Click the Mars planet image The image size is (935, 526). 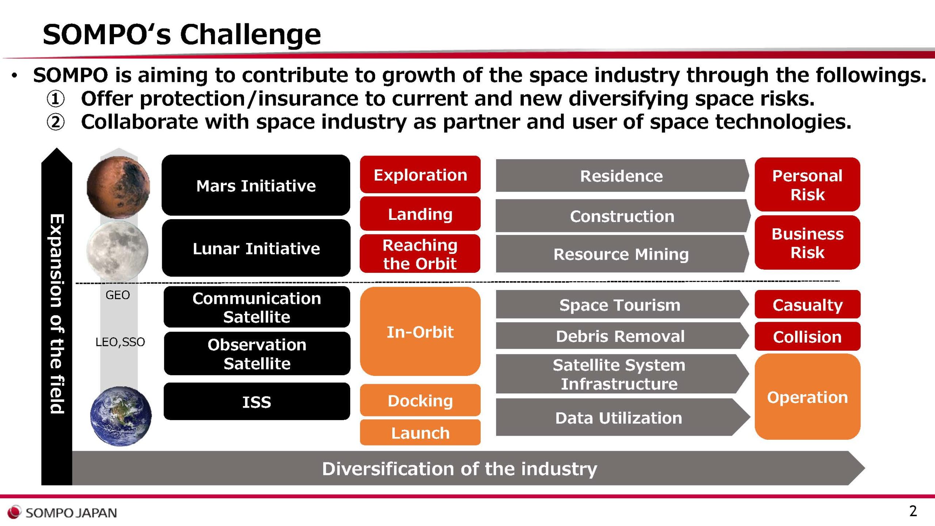[x=118, y=187]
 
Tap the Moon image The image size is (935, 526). [x=117, y=251]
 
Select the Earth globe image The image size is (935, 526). [x=121, y=416]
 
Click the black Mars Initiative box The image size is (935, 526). [x=256, y=185]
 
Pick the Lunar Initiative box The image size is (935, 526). [x=256, y=248]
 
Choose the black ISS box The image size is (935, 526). [x=257, y=401]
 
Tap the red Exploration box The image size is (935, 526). [x=420, y=175]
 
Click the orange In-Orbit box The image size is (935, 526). [x=420, y=331]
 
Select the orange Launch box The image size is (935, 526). [x=420, y=432]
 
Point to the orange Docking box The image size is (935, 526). [x=420, y=400]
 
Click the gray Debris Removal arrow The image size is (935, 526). [x=622, y=336]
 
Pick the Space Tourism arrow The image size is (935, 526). [x=622, y=304]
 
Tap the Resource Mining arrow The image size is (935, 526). [x=622, y=254]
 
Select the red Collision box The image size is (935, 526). [x=808, y=336]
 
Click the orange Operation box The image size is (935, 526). [x=808, y=397]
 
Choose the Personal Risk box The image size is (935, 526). [x=808, y=184]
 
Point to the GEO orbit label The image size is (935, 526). [x=118, y=295]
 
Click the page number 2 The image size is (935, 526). [x=913, y=511]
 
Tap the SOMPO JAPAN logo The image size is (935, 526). [x=62, y=512]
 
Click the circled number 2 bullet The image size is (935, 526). [x=56, y=122]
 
